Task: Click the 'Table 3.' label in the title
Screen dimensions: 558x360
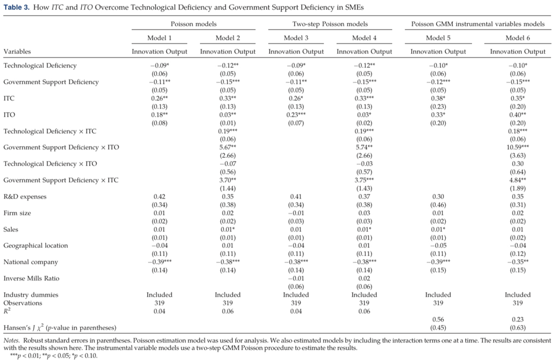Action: tap(16, 8)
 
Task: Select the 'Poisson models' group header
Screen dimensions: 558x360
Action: tap(194, 24)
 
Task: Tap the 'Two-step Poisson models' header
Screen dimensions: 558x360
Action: tap(330, 24)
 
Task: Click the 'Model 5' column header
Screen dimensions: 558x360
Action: tap(438, 38)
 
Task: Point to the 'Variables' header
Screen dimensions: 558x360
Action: tap(17, 51)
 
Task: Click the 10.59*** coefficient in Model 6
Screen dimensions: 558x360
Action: tap(518, 147)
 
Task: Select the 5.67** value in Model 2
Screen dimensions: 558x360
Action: tap(228, 147)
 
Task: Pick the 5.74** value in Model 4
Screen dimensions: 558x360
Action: tap(364, 147)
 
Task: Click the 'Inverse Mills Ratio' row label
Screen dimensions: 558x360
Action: tap(32, 279)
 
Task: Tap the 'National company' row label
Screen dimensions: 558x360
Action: tap(30, 262)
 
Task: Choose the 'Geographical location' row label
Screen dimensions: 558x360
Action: tap(36, 246)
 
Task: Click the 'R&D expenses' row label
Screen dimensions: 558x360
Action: tap(25, 197)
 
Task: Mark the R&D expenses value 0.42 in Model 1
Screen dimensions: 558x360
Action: tap(160, 197)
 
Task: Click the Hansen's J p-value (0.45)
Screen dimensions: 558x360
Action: tap(438, 328)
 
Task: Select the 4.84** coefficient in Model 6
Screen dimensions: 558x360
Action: tap(518, 180)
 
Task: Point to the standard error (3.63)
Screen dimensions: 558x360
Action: tap(518, 155)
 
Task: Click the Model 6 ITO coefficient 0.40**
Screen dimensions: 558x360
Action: tap(518, 115)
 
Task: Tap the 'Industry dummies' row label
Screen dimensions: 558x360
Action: tap(31, 295)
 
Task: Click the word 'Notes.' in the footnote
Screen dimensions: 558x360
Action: tap(12, 341)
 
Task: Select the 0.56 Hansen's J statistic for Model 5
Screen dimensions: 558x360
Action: tap(438, 320)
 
